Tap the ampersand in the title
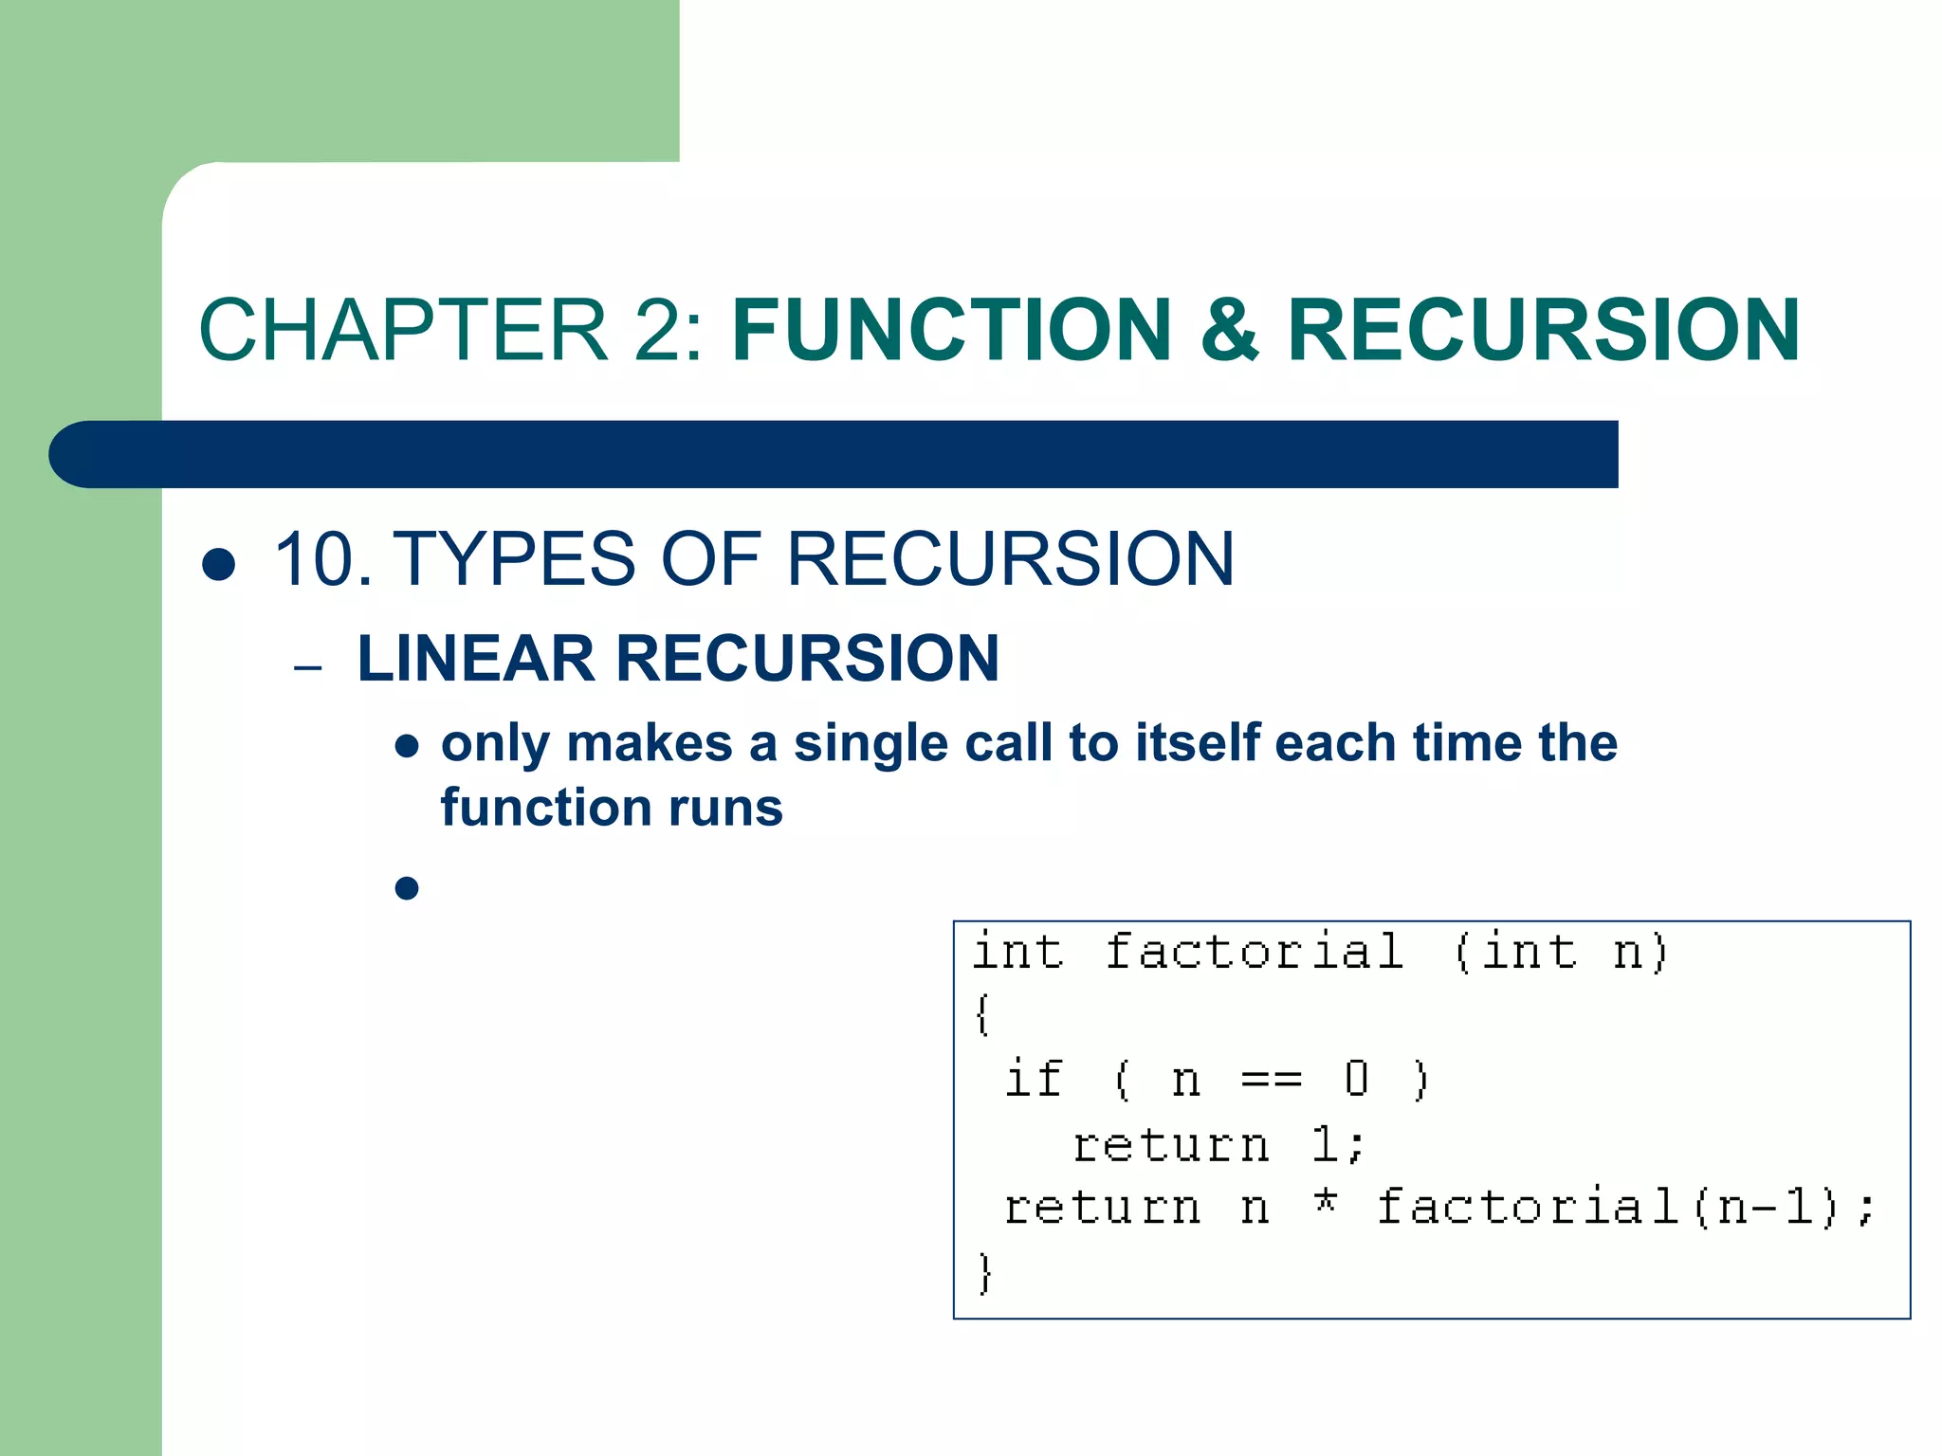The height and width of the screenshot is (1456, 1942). coord(1230,330)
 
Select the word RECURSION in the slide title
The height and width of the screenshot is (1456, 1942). coord(1543,330)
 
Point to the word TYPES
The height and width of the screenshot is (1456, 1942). coord(513,559)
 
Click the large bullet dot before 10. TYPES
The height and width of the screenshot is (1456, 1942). coord(219,564)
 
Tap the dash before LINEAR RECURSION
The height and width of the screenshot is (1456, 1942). coord(308,668)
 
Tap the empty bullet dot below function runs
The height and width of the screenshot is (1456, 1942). coord(407,888)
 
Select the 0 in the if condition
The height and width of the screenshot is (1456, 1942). coord(1357,1079)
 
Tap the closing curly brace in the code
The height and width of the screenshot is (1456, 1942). coord(985,1272)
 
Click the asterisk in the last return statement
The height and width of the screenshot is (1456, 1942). coord(1326,1204)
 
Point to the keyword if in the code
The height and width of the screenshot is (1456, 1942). coord(1034,1079)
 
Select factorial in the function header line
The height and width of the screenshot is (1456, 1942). coord(1255,952)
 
